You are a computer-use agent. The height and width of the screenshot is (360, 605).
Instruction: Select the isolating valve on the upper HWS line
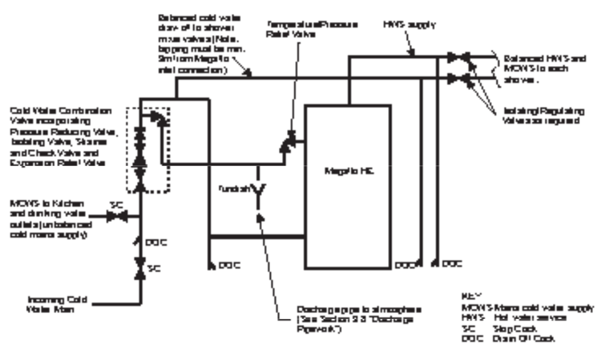tap(457, 58)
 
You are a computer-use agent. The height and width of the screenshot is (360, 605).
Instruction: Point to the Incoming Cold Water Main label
tap(57, 304)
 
